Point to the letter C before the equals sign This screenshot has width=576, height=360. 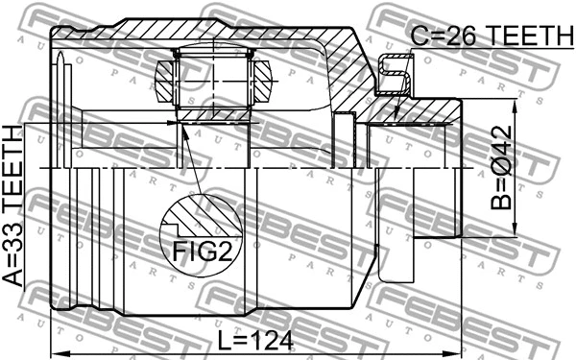[419, 36]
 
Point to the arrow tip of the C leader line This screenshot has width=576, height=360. [395, 121]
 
